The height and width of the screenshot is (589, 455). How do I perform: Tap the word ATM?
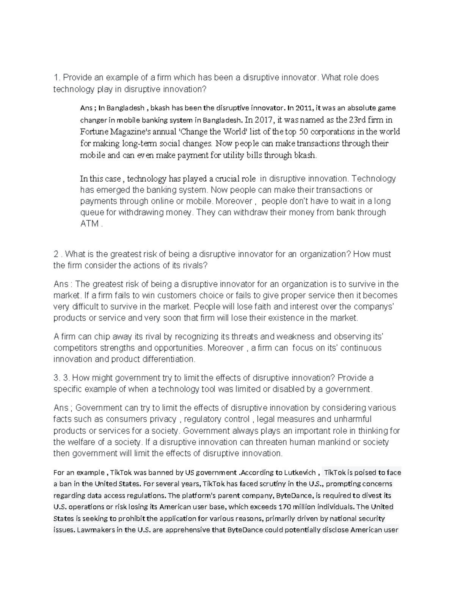pos(89,223)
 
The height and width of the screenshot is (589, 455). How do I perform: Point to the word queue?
pos(92,212)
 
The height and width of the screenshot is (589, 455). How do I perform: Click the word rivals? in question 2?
pos(196,265)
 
